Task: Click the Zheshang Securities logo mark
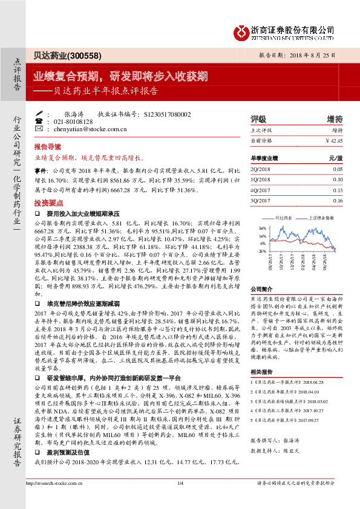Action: tap(242, 30)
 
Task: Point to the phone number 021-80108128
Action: tap(69, 121)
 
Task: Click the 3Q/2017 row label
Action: tap(261, 200)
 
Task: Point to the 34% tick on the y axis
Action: tap(263, 228)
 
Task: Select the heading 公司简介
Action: tap(262, 290)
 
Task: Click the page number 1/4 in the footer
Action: tap(180, 499)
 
